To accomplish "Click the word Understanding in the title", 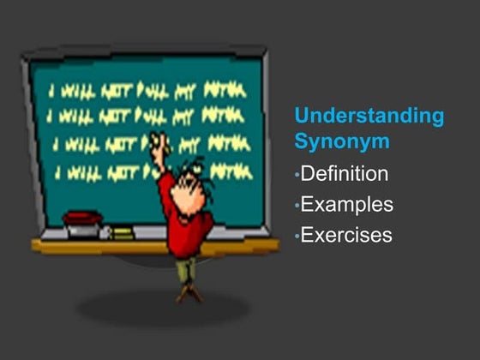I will (369, 116).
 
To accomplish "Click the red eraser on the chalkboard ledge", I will (82, 219).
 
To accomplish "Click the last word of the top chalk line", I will (225, 90).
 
